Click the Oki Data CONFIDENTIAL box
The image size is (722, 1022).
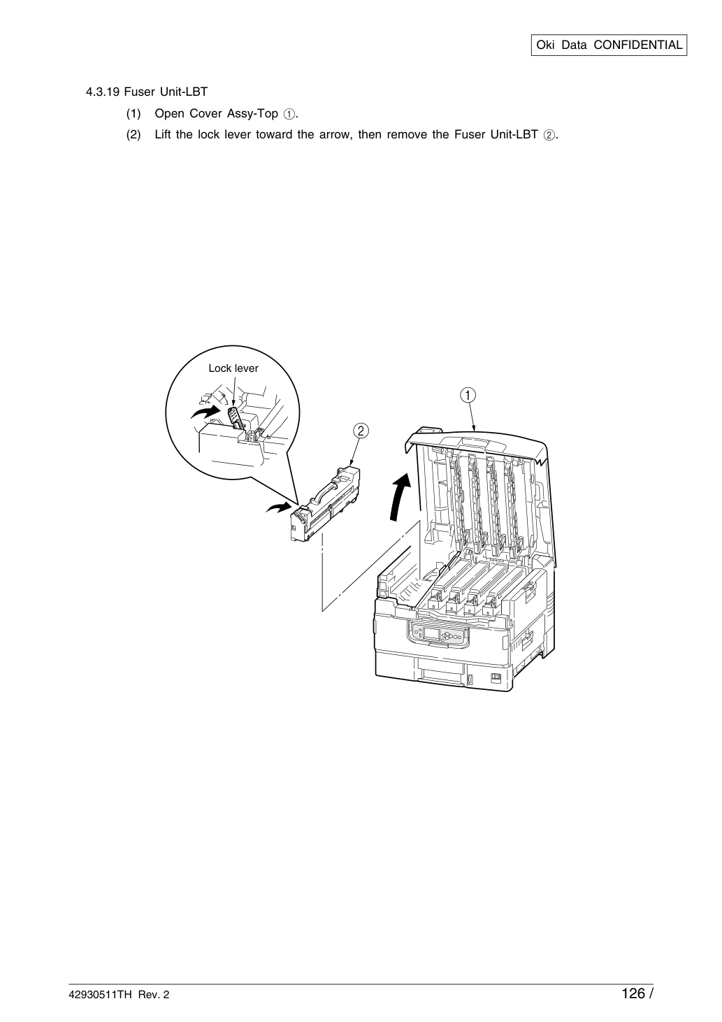(x=609, y=45)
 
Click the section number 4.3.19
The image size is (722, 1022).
(x=103, y=92)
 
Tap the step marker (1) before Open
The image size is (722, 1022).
(x=133, y=114)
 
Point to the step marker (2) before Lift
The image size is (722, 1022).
(x=133, y=135)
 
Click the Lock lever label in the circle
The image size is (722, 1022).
(x=233, y=368)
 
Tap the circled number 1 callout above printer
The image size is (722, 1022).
(x=468, y=395)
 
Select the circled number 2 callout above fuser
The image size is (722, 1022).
(x=361, y=431)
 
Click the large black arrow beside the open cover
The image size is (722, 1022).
(x=400, y=496)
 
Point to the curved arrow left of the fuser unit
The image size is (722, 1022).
(x=278, y=507)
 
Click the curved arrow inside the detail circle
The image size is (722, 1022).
(x=205, y=412)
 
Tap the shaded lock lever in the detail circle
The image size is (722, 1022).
(x=234, y=417)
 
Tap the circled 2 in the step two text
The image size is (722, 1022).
(x=549, y=136)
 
